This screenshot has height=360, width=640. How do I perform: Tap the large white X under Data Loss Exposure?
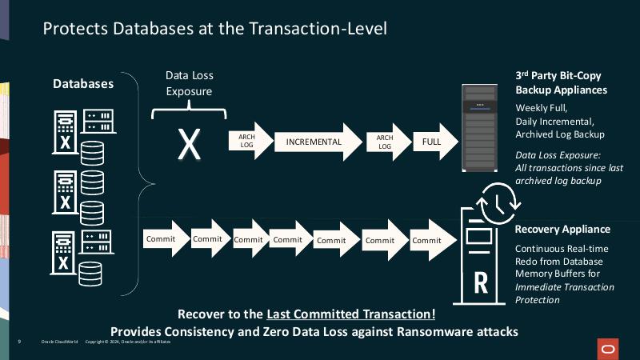click(189, 142)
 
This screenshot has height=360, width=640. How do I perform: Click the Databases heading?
click(83, 83)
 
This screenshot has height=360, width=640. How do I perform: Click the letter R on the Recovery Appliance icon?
click(481, 282)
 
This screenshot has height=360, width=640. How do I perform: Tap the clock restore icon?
click(494, 199)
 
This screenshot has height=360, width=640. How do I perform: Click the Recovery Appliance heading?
click(562, 230)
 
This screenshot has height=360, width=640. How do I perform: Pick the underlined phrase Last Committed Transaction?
click(351, 313)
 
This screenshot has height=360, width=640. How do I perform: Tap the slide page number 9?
click(20, 342)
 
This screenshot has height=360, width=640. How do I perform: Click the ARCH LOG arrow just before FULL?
click(385, 142)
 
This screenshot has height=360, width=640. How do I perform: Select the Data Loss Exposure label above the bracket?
click(189, 83)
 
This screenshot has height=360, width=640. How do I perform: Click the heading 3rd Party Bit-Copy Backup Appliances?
click(561, 83)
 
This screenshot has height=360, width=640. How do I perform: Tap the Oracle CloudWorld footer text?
click(59, 342)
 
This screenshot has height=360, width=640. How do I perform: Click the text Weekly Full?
click(542, 108)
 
